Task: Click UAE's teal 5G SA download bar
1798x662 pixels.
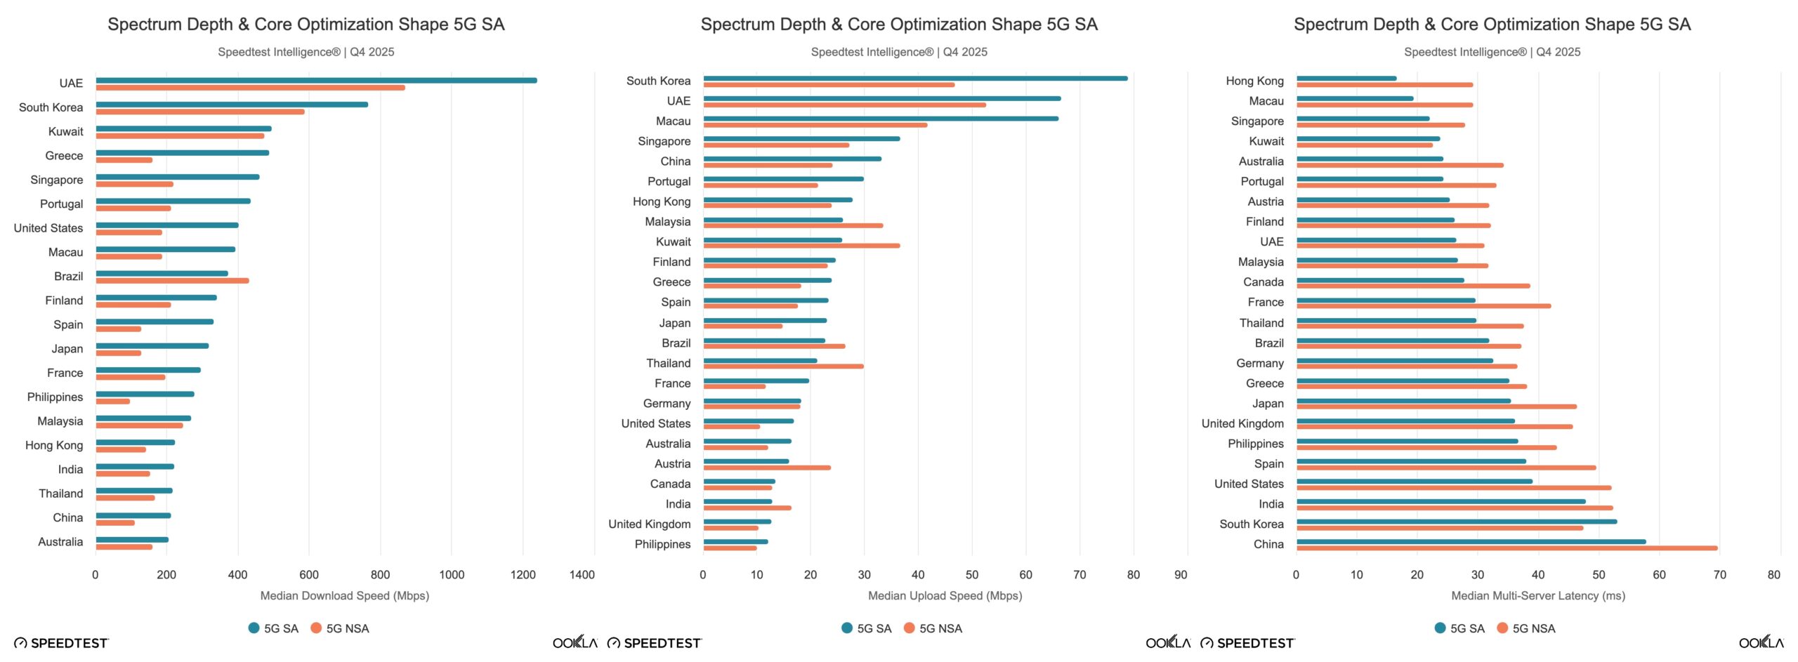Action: click(x=316, y=80)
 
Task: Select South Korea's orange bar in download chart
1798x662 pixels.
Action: click(x=200, y=112)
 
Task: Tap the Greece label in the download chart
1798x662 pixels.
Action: click(x=64, y=156)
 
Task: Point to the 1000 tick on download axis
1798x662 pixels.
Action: click(x=451, y=575)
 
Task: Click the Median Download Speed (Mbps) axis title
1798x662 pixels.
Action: click(x=344, y=596)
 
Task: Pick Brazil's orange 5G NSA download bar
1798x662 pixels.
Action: click(x=172, y=281)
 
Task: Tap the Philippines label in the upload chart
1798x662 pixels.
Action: click(x=662, y=545)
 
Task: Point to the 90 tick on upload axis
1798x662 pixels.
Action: click(x=1181, y=575)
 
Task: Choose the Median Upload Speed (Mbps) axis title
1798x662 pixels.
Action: click(x=945, y=596)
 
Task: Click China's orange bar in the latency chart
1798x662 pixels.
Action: click(x=1507, y=548)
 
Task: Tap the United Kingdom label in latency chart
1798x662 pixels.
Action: click(x=1242, y=424)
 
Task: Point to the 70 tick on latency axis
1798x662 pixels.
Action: click(x=1719, y=575)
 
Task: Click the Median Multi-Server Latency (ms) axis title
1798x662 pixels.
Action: click(x=1538, y=596)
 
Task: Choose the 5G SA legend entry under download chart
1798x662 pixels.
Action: click(x=274, y=628)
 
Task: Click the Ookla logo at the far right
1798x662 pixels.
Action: click(x=1761, y=642)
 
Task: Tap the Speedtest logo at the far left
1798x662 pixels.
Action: click(x=61, y=643)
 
